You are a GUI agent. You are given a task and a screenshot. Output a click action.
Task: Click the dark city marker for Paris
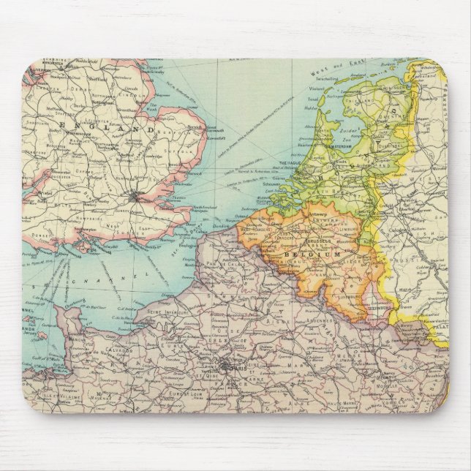coord(222,370)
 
